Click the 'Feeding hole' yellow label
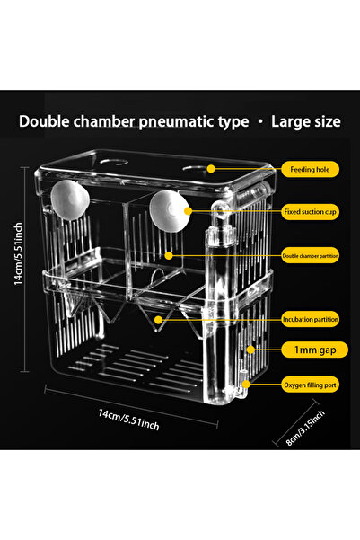click(310, 169)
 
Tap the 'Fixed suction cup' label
click(310, 212)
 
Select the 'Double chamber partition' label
click(310, 255)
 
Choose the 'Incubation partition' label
click(310, 319)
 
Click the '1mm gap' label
click(314, 350)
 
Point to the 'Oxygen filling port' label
click(310, 385)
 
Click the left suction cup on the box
click(70, 200)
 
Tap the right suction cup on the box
click(170, 211)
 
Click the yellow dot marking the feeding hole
click(211, 169)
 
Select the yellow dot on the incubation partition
click(158, 320)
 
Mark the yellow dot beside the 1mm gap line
click(250, 350)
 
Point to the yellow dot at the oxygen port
click(246, 384)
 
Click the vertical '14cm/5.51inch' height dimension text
click(18, 253)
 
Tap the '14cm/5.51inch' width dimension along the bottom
click(128, 420)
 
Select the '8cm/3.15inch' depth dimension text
click(305, 428)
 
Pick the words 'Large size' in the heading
click(306, 121)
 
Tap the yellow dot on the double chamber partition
click(169, 255)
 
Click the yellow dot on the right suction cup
click(188, 211)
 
